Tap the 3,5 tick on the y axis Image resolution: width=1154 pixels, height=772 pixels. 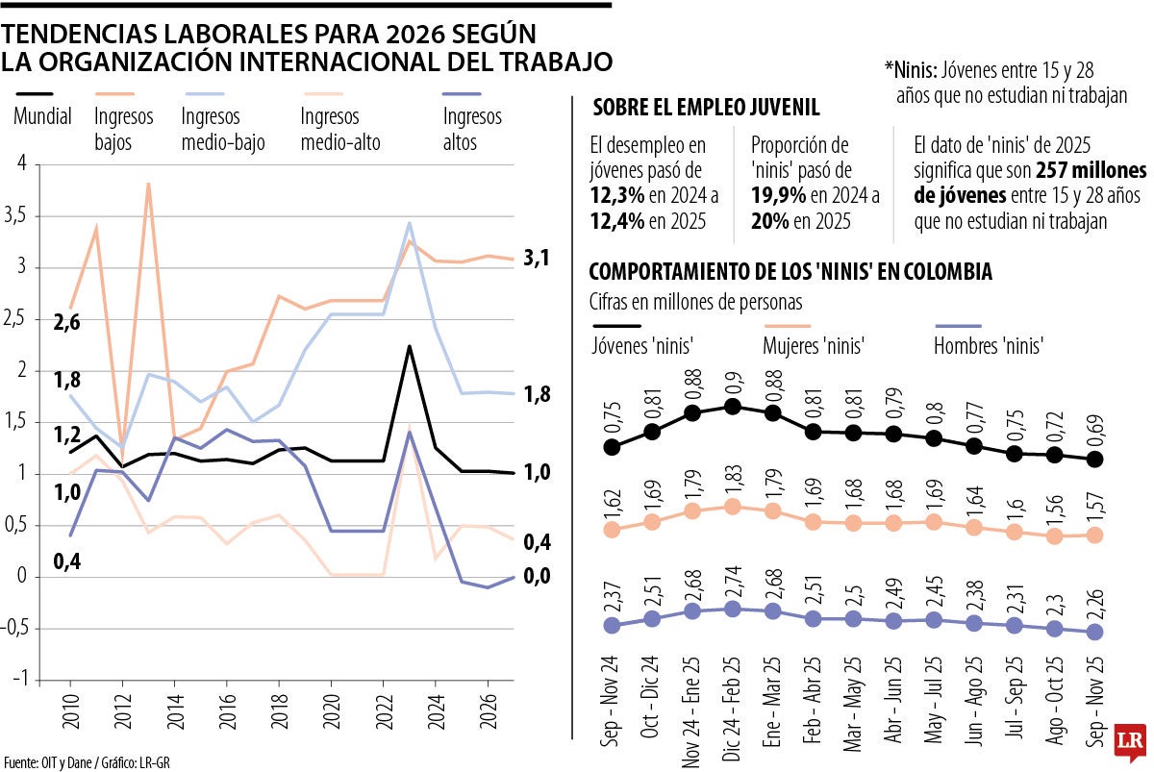(16, 215)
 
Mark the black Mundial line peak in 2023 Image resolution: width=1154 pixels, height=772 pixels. (410, 346)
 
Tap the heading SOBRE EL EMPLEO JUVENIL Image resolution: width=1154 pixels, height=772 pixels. (706, 108)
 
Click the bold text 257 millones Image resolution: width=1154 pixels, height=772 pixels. (1091, 171)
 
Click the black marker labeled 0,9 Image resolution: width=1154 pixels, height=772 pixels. (732, 407)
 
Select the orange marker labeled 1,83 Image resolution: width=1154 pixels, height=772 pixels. (732, 507)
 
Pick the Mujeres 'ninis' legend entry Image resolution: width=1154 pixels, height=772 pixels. (813, 344)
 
